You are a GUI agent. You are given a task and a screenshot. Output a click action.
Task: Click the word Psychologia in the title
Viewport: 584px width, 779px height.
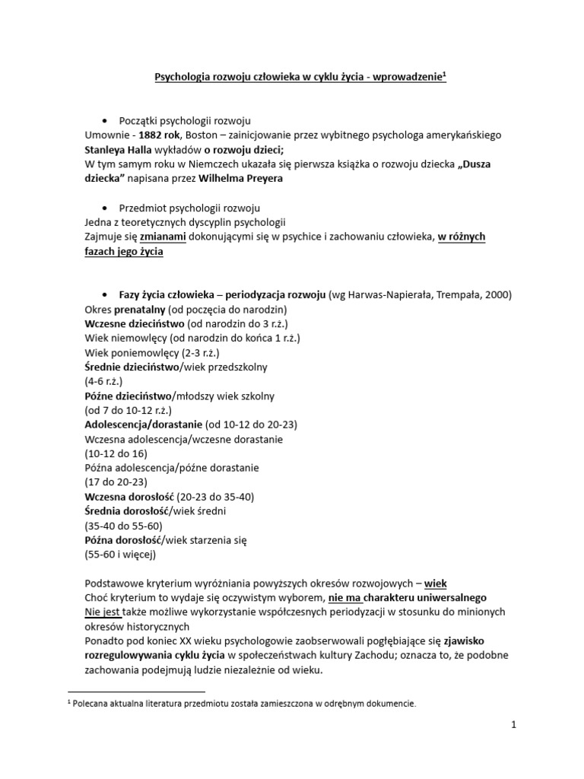click(185, 77)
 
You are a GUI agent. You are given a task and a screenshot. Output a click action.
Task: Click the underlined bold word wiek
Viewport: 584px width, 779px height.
click(435, 583)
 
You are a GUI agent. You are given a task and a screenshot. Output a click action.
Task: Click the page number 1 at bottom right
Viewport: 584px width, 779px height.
click(513, 725)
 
